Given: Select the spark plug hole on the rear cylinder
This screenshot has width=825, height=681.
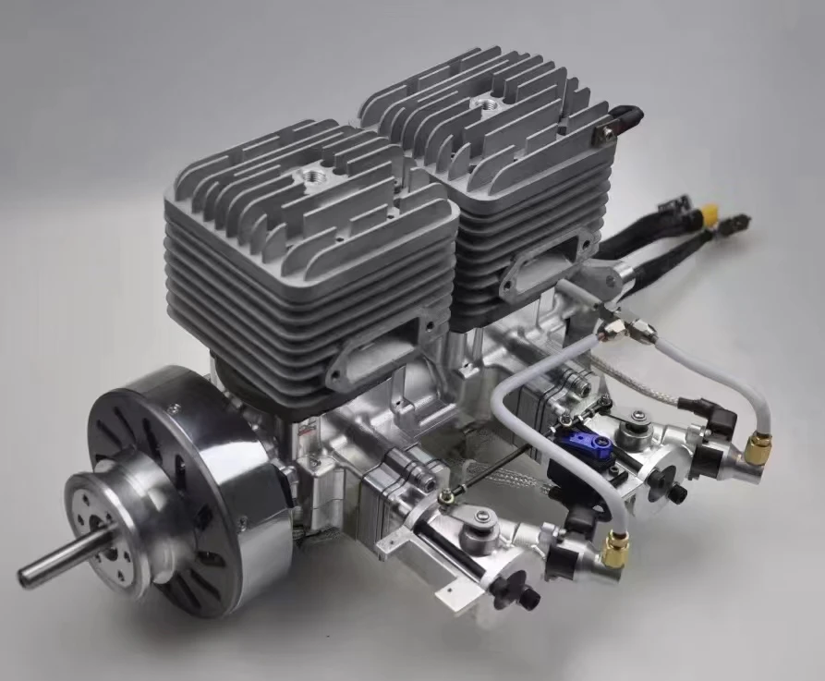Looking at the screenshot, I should pyautogui.click(x=484, y=104).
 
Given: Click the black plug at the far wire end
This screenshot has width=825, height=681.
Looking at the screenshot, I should pyautogui.click(x=739, y=225).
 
